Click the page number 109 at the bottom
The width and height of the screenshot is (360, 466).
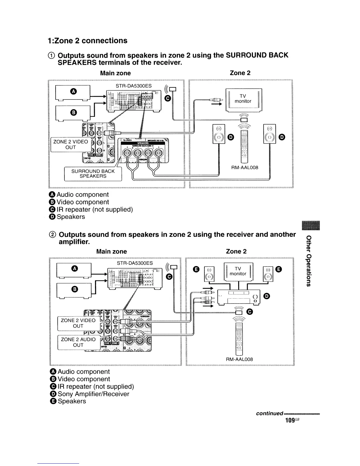click(x=290, y=420)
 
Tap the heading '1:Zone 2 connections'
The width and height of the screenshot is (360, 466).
click(x=87, y=41)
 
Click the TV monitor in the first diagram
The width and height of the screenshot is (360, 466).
click(x=243, y=99)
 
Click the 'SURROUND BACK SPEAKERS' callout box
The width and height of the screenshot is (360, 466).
click(x=93, y=174)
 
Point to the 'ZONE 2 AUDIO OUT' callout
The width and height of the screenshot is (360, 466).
click(x=78, y=342)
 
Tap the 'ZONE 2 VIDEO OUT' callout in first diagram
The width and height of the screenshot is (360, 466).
click(x=71, y=144)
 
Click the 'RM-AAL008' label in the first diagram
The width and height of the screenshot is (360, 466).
click(x=245, y=167)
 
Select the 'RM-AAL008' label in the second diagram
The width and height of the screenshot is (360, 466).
click(x=239, y=359)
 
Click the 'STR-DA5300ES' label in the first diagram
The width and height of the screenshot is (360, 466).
click(x=134, y=86)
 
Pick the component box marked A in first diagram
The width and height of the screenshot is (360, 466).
click(x=73, y=93)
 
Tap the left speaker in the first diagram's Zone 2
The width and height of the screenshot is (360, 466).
click(x=218, y=134)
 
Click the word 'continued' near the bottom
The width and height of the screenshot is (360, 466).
click(x=269, y=413)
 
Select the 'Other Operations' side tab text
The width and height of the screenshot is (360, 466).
click(x=308, y=261)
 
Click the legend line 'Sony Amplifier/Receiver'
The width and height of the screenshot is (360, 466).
click(x=93, y=394)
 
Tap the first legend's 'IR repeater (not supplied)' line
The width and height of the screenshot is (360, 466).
click(x=94, y=209)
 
